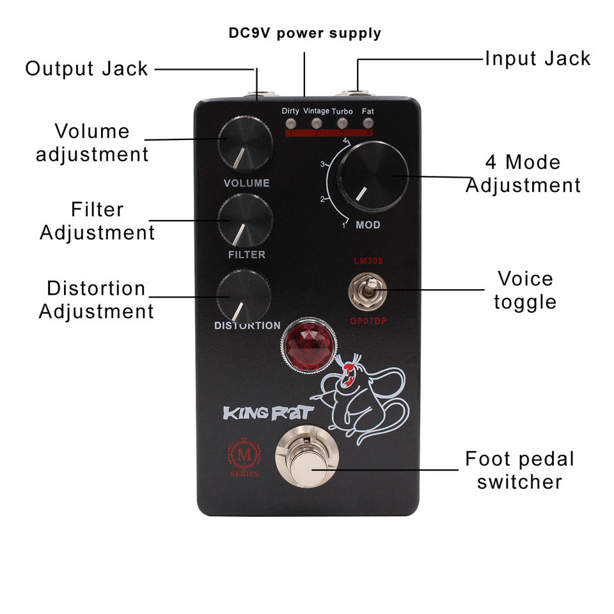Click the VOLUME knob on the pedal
245,144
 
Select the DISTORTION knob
243,295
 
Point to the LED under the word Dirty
290,123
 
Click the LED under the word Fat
367,123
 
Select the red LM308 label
362,262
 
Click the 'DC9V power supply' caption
304,33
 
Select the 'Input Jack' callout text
537,59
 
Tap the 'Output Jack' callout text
86,68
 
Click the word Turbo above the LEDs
342,111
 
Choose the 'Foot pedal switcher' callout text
519,470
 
